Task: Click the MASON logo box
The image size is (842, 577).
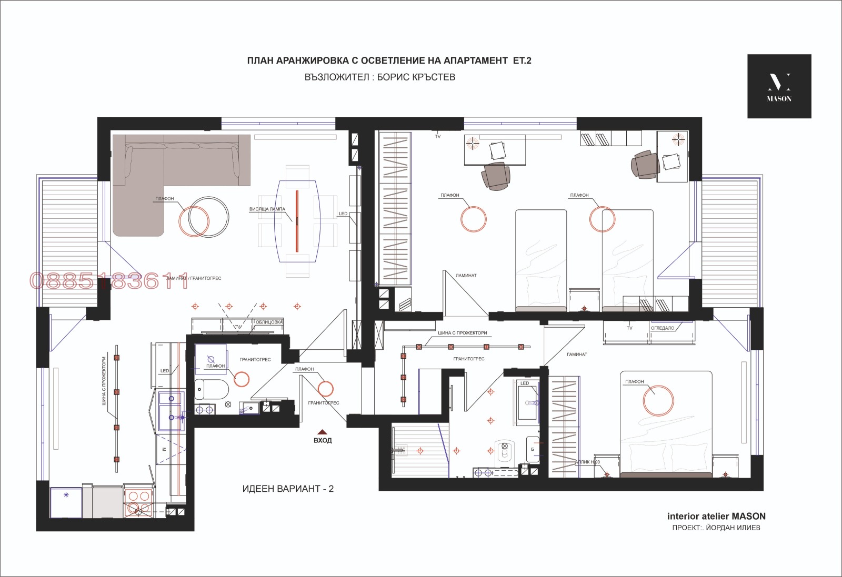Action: [779, 86]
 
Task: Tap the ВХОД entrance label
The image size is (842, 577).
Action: [323, 440]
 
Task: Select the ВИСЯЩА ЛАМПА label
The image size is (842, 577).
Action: [267, 209]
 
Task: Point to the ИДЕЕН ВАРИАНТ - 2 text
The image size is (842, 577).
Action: [288, 489]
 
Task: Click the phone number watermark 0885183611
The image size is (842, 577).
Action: [109, 282]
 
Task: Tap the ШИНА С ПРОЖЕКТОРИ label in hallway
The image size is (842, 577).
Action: [462, 333]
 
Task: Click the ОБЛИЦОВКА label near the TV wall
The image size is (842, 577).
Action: [269, 322]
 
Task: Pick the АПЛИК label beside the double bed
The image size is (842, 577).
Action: [587, 462]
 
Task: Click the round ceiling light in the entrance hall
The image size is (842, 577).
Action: [325, 388]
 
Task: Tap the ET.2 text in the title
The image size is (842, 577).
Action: [522, 60]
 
